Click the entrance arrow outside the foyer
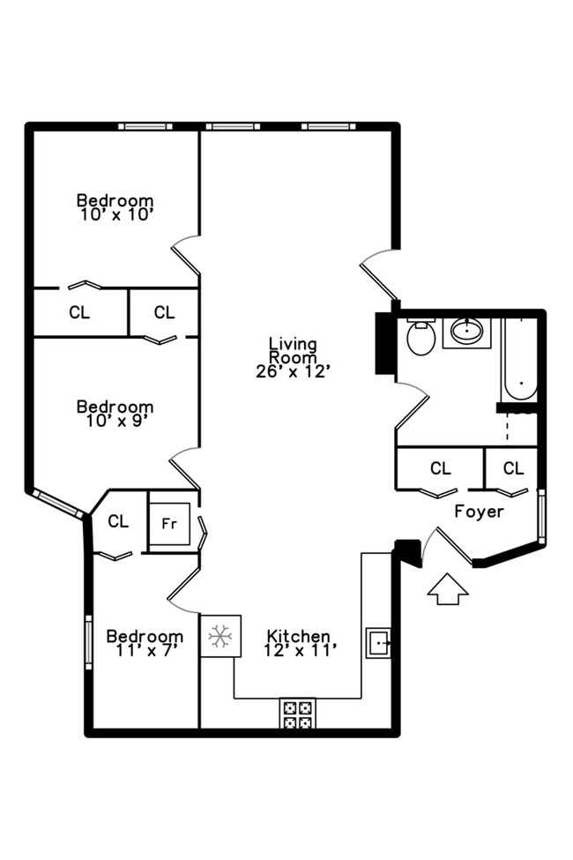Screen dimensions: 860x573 [448, 589]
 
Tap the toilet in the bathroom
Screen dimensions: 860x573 [421, 336]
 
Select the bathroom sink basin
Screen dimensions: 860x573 [466, 332]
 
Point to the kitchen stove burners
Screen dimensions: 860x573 [298, 713]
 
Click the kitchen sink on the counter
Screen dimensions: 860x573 [378, 643]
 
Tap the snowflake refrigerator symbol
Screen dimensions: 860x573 [220, 635]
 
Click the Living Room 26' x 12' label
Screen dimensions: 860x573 [293, 357]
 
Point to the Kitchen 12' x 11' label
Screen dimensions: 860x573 [299, 643]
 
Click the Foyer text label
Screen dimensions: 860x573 [479, 512]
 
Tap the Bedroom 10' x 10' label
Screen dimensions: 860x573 [115, 206]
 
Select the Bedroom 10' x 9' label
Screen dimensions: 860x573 [115, 413]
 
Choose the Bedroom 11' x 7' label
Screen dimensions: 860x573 [145, 643]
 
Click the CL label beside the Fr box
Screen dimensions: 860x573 [118, 521]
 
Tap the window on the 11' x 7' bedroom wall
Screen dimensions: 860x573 [88, 642]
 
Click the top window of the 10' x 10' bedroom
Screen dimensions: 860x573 [146, 126]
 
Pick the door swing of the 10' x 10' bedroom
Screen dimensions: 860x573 [186, 255]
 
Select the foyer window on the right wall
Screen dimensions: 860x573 [541, 516]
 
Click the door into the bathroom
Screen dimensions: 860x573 [412, 413]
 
